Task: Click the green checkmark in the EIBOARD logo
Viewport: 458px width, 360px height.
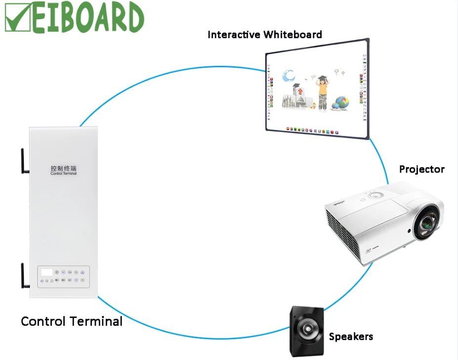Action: click(x=18, y=18)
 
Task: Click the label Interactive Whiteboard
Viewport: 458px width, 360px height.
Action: click(x=264, y=35)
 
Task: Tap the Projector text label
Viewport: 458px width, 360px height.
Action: click(x=421, y=170)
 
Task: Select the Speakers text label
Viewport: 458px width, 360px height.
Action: click(x=351, y=337)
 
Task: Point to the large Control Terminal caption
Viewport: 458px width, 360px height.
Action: click(x=72, y=321)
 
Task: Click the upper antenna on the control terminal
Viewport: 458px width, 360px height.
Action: click(x=24, y=159)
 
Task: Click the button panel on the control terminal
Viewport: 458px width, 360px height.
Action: click(x=64, y=276)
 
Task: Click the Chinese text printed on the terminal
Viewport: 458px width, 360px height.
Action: click(x=64, y=168)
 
